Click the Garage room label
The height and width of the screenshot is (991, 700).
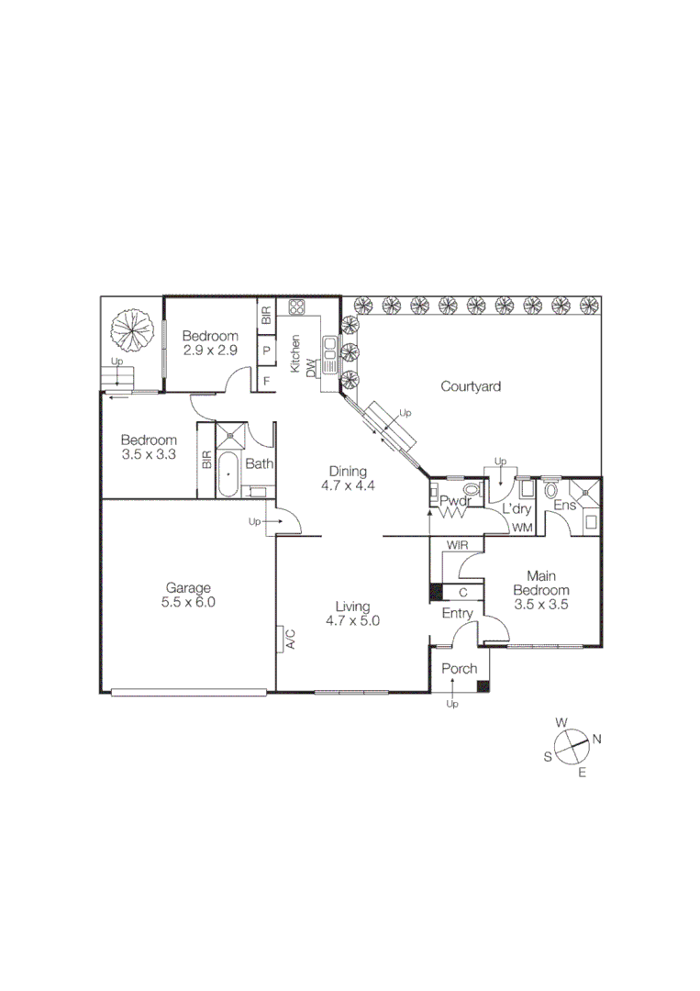[188, 588]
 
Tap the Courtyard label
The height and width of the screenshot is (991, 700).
[471, 386]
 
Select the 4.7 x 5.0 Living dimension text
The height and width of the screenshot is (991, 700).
[352, 620]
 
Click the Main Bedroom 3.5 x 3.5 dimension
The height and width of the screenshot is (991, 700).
[541, 605]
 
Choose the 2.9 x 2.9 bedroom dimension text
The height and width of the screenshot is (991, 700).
[210, 351]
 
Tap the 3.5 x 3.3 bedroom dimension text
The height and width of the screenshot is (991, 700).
[149, 453]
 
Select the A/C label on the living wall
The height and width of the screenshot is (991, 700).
[289, 639]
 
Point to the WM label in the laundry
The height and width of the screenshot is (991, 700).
[522, 528]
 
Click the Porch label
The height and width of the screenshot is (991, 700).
[460, 668]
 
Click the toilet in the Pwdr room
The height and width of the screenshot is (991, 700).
[472, 490]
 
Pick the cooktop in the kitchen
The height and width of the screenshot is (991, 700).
[297, 308]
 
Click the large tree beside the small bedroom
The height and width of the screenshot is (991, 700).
[131, 328]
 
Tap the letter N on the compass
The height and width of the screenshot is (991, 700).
[596, 739]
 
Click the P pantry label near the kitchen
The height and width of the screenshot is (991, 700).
[266, 351]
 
